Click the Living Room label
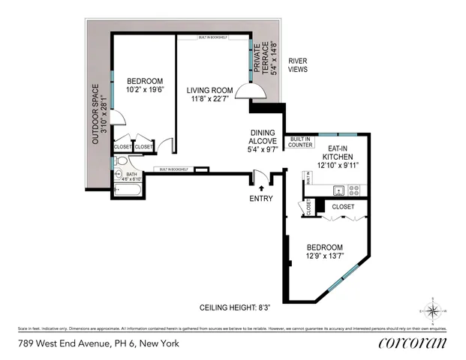209,90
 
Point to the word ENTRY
261,198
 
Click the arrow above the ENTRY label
261,187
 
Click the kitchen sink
338,189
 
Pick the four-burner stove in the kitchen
355,189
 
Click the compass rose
434,310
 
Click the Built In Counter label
300,141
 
